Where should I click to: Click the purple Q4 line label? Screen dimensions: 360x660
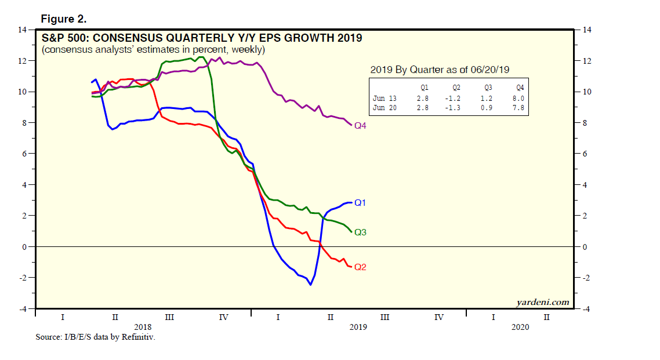coord(361,125)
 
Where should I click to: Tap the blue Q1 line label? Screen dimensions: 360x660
coord(361,203)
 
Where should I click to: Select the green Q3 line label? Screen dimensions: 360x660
coord(361,232)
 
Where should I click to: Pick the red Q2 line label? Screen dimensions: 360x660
coord(361,267)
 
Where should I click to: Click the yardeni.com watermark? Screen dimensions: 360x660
coord(542,302)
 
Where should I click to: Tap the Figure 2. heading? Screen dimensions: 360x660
coord(64,19)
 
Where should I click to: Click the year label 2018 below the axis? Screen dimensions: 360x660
coord(142,327)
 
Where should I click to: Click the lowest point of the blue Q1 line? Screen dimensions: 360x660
coord(310,285)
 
